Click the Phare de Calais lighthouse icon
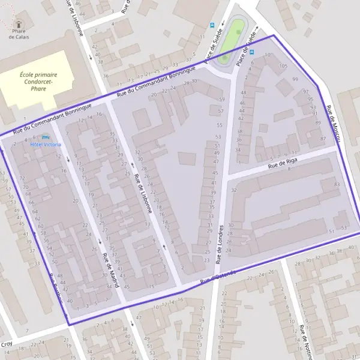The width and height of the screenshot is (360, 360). pos(18,23)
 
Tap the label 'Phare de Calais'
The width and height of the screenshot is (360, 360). pos(19,34)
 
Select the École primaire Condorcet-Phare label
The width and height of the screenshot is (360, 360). pos(41,81)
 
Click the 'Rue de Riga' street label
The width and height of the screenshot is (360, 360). pos(283,162)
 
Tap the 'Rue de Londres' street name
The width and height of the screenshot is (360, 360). pos(220,244)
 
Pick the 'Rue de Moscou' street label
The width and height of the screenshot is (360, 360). pos(333,124)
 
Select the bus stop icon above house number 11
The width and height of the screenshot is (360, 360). pos(211,25)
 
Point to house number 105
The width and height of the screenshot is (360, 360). pos(284,66)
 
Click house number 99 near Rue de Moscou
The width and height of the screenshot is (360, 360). pos(295,79)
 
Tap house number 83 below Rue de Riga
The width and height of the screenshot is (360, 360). pos(337,183)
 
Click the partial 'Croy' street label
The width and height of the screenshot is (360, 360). pos(7,344)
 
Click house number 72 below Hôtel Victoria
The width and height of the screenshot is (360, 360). pos(22,179)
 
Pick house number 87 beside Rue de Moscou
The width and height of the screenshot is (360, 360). pos(323,139)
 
